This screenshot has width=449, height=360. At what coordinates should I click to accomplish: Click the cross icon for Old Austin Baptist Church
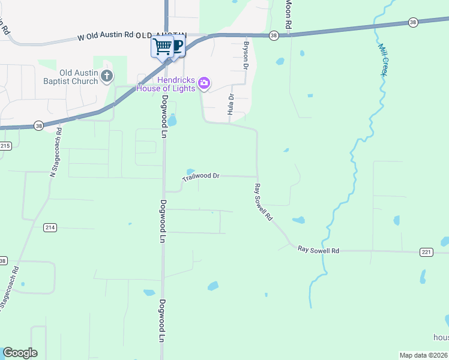pos(107,76)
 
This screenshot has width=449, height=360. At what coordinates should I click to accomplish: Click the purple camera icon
pos(204,83)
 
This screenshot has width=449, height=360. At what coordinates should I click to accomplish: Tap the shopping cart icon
pos(161,47)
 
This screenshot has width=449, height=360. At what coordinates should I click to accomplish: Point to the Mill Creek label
pos(382,59)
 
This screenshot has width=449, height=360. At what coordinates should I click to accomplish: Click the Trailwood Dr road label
pos(201,176)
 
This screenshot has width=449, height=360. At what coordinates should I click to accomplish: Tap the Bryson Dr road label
pos(246,55)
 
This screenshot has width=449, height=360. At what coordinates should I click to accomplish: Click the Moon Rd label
pos(289,14)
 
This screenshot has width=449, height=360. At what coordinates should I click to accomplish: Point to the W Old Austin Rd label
pos(105,36)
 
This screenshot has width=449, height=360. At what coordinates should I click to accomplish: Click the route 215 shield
pos(5,146)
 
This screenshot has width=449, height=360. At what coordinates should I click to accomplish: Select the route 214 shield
pos(50,227)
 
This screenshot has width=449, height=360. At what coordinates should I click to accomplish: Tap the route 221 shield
pos(426,252)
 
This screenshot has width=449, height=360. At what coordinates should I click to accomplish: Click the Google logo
pos(20,353)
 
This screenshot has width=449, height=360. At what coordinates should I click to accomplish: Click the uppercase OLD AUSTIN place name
pos(162,35)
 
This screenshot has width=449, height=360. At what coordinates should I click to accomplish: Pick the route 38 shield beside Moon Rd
pos(274,35)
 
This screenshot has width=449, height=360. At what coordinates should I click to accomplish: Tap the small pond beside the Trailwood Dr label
pos(190,170)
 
